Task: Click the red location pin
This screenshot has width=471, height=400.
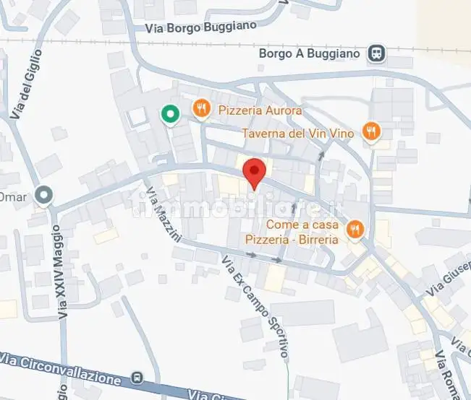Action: (x=254, y=172)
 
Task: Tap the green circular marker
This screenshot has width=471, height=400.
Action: (x=170, y=114)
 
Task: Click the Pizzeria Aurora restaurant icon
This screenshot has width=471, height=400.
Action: (x=202, y=109)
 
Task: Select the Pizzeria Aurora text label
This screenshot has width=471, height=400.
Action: (x=259, y=110)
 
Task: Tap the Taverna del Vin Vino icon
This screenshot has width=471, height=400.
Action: (x=372, y=131)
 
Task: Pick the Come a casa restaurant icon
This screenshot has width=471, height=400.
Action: (x=355, y=229)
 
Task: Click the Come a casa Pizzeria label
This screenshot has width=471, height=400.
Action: (x=302, y=231)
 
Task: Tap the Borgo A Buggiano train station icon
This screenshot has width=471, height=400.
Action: (x=376, y=53)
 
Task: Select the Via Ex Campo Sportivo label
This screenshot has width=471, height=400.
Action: (x=256, y=306)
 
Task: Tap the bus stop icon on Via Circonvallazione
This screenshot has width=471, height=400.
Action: (x=137, y=378)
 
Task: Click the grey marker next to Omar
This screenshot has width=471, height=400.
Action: (x=45, y=195)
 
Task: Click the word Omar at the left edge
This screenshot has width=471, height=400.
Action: (x=12, y=196)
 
